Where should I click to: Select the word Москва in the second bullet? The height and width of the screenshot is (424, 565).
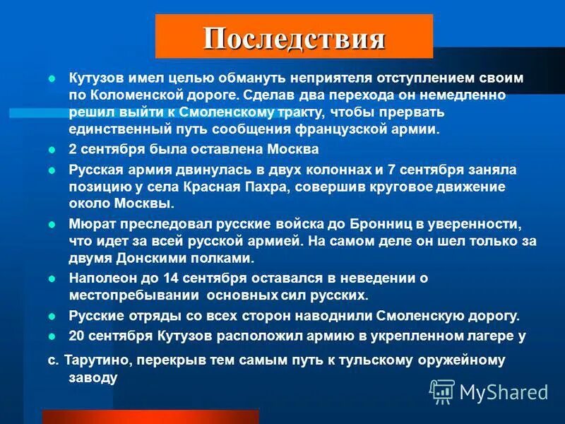pos(275,150)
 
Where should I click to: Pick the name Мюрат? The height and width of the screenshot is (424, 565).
pos(87,225)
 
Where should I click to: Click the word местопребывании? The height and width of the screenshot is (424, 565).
pos(128,295)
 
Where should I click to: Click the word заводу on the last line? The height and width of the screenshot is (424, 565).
pos(93,377)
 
